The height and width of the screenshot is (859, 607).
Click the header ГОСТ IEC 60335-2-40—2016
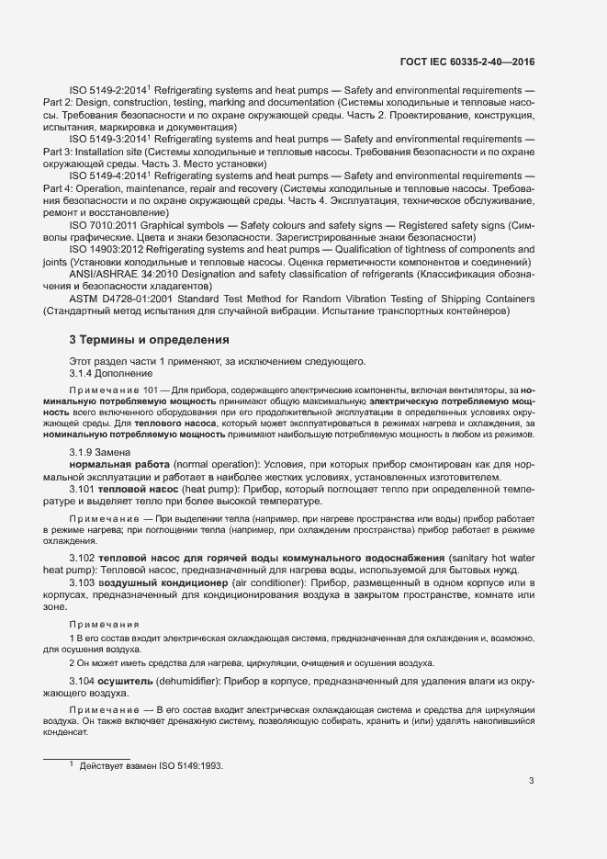coord(467,62)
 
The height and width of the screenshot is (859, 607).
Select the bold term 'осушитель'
coord(126,682)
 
